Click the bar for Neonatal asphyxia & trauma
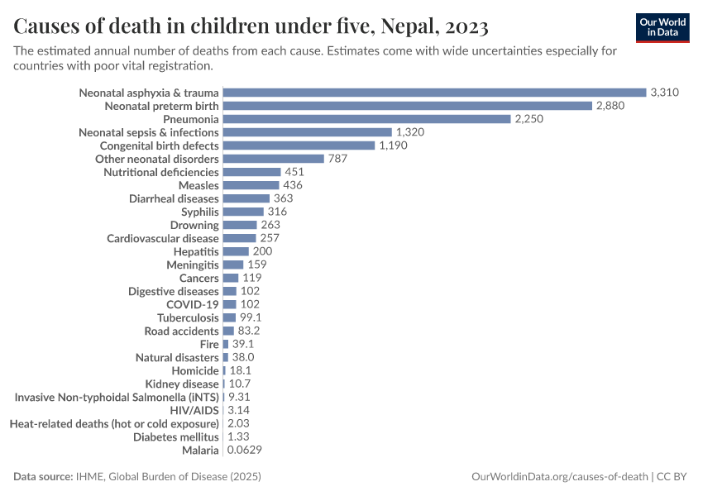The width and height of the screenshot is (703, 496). (434, 93)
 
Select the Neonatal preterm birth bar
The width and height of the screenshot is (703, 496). (408, 106)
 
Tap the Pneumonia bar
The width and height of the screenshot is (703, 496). (366, 119)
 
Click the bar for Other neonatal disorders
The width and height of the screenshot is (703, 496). (273, 159)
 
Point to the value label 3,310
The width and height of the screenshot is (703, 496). (664, 93)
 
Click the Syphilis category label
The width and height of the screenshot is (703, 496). (200, 212)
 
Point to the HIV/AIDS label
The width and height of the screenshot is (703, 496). (196, 410)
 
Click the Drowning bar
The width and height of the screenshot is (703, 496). (240, 225)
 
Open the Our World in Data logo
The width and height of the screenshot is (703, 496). (662, 27)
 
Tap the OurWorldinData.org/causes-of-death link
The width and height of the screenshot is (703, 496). (558, 477)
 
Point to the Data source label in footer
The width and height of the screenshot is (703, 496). (43, 477)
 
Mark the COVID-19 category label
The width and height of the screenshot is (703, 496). (193, 304)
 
